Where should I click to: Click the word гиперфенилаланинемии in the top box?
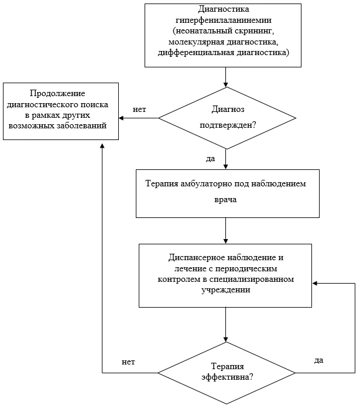click(223, 21)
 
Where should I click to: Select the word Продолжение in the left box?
click(57, 93)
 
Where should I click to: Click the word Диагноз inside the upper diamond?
click(228, 109)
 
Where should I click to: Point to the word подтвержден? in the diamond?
click(228, 125)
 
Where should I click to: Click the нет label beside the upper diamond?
click(139, 110)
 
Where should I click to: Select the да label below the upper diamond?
click(211, 159)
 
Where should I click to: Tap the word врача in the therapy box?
click(225, 200)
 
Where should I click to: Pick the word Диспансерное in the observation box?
click(197, 258)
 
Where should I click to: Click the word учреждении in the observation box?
click(225, 290)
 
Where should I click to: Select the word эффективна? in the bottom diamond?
click(227, 377)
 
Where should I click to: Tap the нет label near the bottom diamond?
click(128, 362)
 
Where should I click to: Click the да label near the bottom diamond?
click(319, 360)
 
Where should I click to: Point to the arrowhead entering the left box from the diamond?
click(121, 118)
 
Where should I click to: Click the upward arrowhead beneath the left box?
click(102, 145)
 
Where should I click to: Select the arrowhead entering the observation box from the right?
click(315, 283)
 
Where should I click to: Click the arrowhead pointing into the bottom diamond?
click(225, 340)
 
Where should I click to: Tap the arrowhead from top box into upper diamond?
click(225, 85)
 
